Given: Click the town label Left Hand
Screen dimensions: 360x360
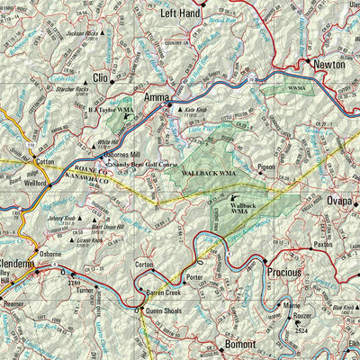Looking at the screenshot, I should coord(179,14).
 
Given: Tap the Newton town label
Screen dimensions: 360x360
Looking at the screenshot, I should coord(329,65).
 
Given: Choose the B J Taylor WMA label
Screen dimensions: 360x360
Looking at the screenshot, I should coord(112,109).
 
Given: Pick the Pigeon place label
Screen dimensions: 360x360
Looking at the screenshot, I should coord(266,167).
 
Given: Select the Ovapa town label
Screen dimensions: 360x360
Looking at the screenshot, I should coord(342,201).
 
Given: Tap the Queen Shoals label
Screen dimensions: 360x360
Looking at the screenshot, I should coord(166,312).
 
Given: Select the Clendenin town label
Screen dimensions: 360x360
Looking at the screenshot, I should coord(17,265).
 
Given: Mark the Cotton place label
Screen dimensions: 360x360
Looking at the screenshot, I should coord(44,161).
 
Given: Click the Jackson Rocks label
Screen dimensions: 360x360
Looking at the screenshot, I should coord(83,33).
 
